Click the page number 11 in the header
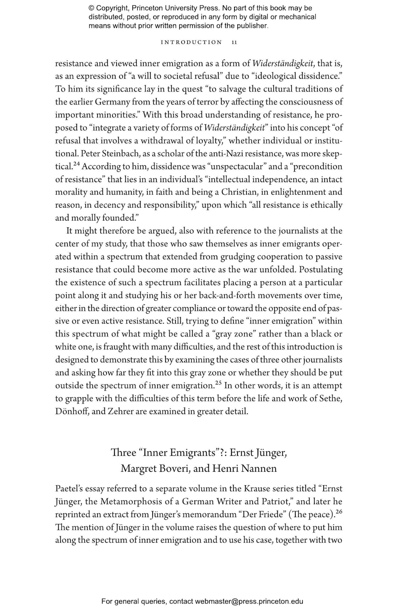coord(234,42)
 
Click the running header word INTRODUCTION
coord(191,42)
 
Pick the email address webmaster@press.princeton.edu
coord(249,601)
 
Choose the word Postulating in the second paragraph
coord(320,270)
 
